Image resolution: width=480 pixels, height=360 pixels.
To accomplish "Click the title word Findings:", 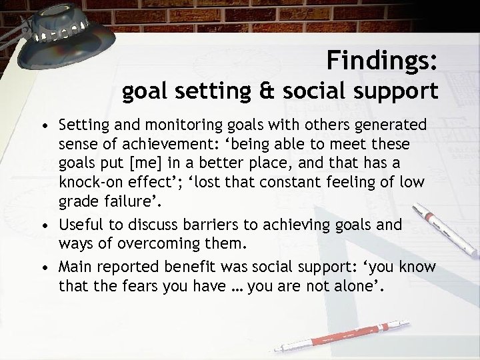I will [383, 61].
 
